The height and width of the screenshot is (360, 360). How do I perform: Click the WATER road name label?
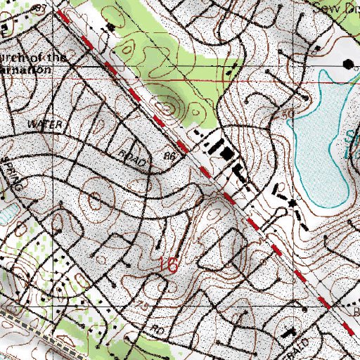point(46,123)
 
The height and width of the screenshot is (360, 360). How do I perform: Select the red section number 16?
point(169,265)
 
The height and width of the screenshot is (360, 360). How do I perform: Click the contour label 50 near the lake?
point(285,113)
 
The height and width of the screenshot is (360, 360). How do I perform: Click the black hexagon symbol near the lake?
point(346,63)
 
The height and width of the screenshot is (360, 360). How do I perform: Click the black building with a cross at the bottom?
point(290,331)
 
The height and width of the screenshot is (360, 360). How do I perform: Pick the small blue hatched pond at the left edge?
point(5,214)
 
